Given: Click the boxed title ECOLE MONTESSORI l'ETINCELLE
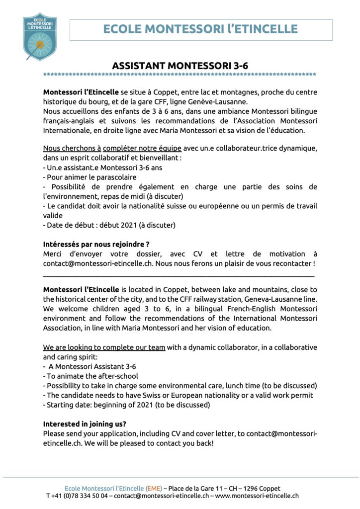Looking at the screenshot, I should pyautogui.click(x=200, y=29).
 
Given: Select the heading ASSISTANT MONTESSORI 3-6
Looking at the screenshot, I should pyautogui.click(x=180, y=66).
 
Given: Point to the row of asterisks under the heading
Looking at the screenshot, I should pyautogui.click(x=180, y=75).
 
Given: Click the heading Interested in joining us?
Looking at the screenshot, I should pyautogui.click(x=85, y=424).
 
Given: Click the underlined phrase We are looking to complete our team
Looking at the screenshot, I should pyautogui.click(x=104, y=347).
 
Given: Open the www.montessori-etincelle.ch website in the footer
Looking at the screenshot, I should pyautogui.click(x=257, y=496).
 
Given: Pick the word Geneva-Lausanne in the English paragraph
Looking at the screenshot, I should pyautogui.click(x=273, y=299).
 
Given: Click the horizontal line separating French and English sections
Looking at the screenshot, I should pyautogui.click(x=179, y=275).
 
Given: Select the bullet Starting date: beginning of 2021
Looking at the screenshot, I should pyautogui.click(x=126, y=405).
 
